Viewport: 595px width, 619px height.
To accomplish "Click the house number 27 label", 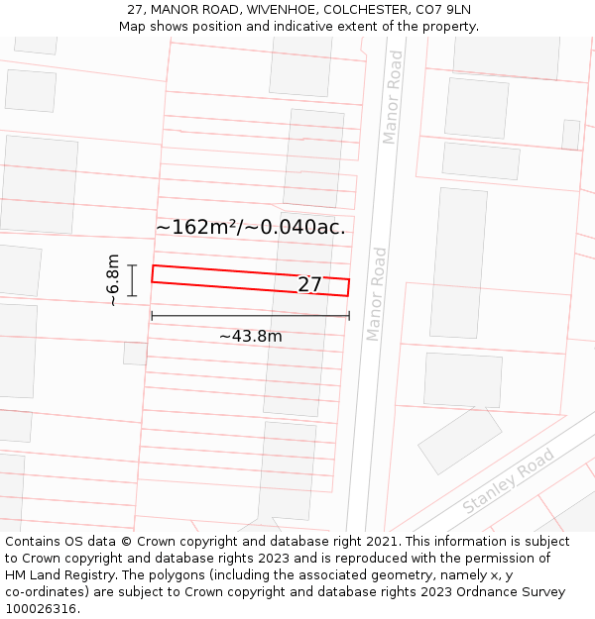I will click(309, 285).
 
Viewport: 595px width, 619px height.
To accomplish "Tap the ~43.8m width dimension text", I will click(250, 337).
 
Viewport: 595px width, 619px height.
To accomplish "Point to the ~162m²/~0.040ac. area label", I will click(250, 227).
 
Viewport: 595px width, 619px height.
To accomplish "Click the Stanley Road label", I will click(508, 481).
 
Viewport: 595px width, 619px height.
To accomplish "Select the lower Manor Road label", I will click(375, 294).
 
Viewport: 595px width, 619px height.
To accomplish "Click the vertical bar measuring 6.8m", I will click(132, 280).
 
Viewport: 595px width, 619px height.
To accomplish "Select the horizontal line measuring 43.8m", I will click(250, 316).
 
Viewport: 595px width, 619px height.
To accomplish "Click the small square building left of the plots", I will click(135, 354).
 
